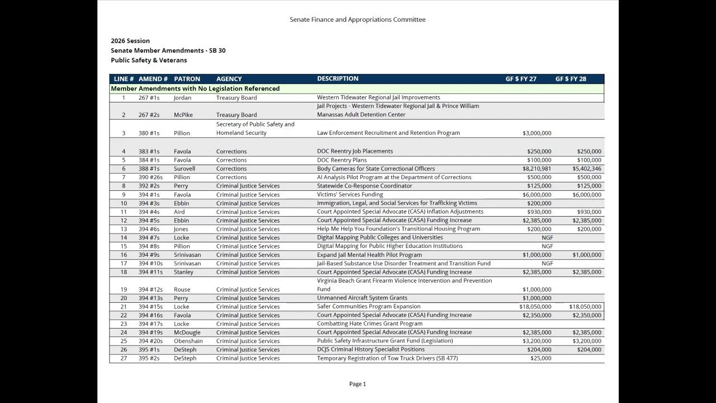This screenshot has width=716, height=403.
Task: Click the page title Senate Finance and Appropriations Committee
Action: [357, 20]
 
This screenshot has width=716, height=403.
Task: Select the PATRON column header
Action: [187, 79]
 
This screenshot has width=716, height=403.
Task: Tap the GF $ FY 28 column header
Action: [571, 79]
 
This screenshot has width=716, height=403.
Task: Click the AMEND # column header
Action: [153, 79]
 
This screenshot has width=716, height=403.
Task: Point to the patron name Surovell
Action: [185, 168]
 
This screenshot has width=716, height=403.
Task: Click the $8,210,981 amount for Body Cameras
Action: [536, 168]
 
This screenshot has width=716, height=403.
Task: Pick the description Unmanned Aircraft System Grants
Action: [362, 298]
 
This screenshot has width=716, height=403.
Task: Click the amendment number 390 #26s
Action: [150, 177]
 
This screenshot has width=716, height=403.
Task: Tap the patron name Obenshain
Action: [188, 341]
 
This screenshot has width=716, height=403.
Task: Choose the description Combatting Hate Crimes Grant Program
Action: [370, 324]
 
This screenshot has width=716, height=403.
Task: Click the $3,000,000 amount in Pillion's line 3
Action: [536, 133]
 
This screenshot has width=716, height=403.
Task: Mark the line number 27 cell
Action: [124, 358]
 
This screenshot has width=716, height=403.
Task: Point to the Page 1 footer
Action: [357, 384]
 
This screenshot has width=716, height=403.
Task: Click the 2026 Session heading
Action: [130, 41]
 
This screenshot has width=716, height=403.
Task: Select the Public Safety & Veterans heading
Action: [149, 60]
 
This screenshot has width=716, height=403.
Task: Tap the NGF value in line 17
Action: [547, 264]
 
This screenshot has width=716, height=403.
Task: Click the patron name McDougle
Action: [187, 332]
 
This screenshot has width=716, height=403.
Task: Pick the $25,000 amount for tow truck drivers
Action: [540, 358]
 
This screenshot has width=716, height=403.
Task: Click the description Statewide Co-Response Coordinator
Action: [364, 186]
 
